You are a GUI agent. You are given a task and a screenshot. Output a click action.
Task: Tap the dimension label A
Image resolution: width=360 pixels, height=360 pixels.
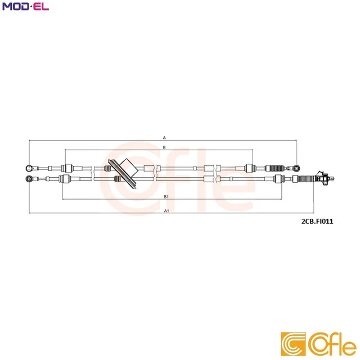[164, 137]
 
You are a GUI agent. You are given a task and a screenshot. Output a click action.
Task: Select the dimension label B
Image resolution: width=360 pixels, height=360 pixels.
[164, 147]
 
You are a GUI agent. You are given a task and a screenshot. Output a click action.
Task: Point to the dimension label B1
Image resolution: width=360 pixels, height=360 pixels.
[166, 196]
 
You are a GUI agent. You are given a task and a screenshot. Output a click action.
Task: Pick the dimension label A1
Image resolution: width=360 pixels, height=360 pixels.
[166, 211]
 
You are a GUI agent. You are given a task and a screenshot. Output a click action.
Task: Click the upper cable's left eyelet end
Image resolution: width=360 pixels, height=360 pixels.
[30, 168]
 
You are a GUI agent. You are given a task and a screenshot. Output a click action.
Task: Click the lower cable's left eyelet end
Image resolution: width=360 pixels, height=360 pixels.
[30, 179]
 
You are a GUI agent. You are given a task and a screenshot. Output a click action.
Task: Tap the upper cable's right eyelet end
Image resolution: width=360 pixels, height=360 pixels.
[296, 168]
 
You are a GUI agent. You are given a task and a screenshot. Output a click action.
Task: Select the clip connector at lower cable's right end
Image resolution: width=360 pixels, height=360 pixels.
[322, 179]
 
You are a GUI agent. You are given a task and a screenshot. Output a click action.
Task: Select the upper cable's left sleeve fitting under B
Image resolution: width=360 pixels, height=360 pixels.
[67, 168]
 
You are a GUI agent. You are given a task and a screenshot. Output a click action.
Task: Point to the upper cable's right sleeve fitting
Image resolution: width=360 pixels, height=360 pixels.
[251, 168]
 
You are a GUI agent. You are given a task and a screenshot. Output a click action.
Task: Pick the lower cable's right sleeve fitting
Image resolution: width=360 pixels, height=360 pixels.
[277, 179]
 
